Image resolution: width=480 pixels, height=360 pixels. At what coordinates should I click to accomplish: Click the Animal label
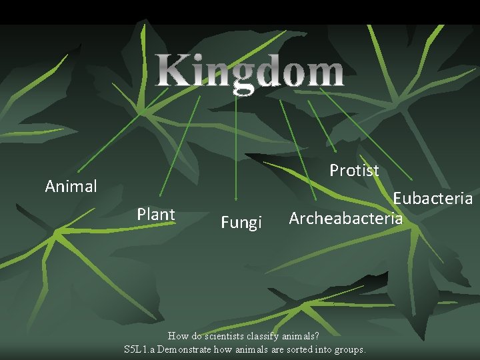71,187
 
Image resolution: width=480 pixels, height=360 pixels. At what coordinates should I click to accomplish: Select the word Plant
155,215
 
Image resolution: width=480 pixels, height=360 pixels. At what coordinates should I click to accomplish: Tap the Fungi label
241,223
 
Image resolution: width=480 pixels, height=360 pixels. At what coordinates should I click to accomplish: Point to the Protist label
354,171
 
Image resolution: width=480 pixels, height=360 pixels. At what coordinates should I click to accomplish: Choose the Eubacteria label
432,199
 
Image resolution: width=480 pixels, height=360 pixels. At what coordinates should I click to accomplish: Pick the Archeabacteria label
345,219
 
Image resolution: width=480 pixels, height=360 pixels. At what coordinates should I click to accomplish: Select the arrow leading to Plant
180,146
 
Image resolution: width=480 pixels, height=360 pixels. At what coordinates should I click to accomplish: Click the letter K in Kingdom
172,73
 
